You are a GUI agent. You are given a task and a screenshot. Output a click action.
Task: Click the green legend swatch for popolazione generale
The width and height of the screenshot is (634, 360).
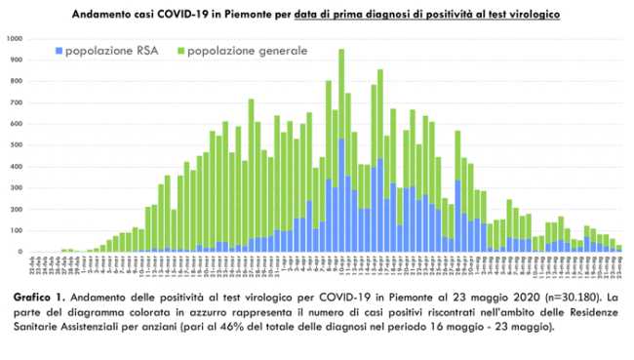180,49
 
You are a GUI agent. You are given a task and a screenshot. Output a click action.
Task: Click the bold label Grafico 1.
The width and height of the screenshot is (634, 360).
40,295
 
